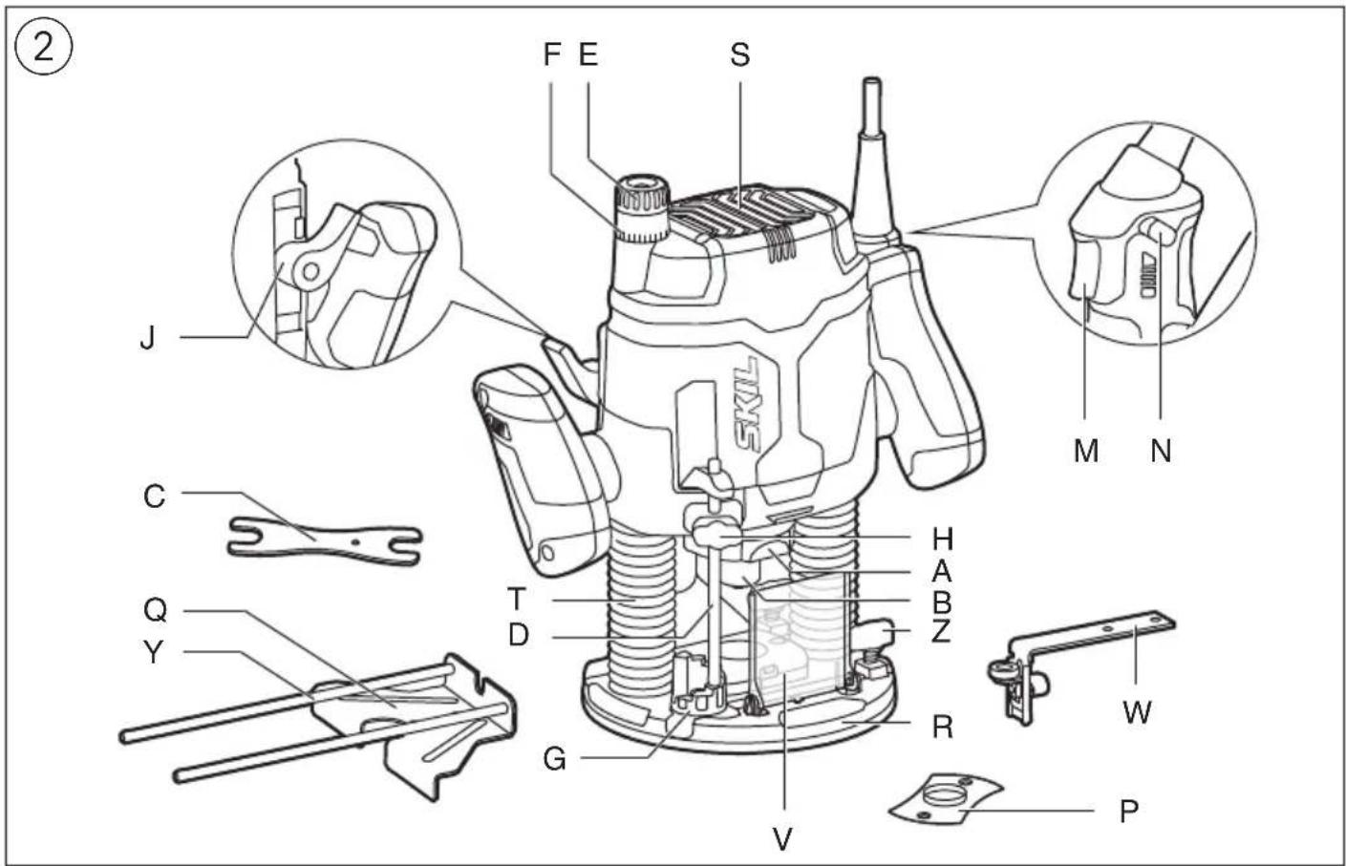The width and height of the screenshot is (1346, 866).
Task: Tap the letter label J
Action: click(147, 338)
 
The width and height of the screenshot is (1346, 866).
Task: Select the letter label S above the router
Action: click(739, 55)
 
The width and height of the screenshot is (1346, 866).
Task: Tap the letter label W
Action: click(1136, 711)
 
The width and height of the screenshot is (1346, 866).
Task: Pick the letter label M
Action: click(1085, 450)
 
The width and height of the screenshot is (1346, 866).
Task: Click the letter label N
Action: click(1161, 450)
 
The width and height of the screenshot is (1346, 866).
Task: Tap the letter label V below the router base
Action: click(782, 838)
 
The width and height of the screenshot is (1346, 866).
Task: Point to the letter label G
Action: click(554, 759)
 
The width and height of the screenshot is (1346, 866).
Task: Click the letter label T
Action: click(517, 600)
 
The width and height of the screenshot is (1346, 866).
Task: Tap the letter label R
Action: click(942, 728)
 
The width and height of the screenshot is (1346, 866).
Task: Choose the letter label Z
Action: click(940, 631)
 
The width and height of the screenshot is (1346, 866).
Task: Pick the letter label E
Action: click(588, 55)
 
